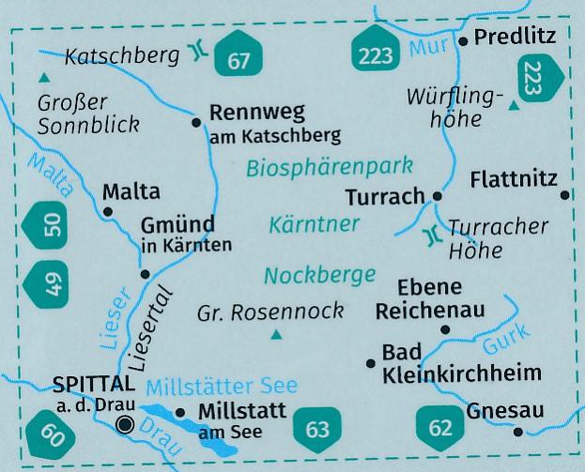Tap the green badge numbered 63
318,430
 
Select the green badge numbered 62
439,430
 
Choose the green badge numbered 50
52,225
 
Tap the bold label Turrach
384,197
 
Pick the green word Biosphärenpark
331,168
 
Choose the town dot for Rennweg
196,122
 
